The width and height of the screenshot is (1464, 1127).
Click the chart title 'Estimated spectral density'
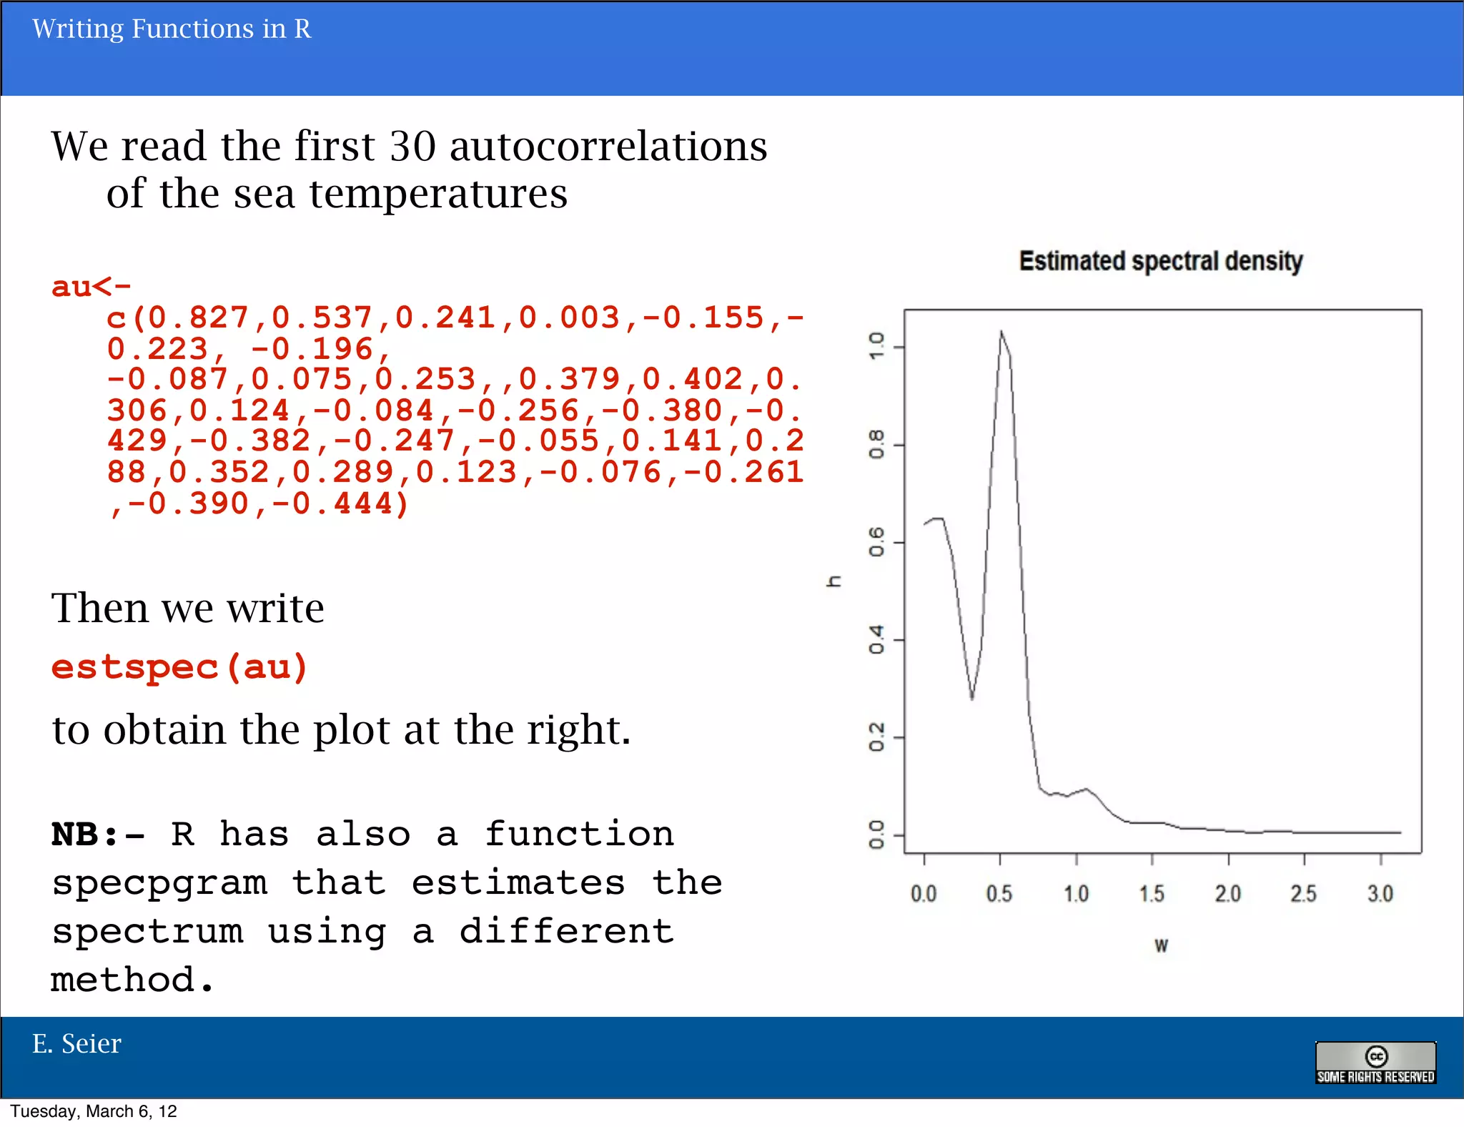coord(1160,262)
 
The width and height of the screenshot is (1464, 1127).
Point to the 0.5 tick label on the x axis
coord(999,894)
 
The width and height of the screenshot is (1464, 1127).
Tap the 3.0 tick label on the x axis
coord(1380,894)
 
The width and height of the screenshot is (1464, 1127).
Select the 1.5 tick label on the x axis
coord(1152,894)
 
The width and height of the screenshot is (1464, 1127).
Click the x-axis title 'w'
coord(1161,946)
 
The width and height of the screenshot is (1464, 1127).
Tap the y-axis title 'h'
coord(834,581)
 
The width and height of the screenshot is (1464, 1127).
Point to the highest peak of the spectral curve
coord(1001,332)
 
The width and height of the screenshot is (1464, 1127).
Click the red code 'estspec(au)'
coord(179,667)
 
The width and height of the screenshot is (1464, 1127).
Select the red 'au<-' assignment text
coord(91,287)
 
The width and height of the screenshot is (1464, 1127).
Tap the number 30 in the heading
coord(412,147)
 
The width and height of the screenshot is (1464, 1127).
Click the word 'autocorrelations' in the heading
coord(608,147)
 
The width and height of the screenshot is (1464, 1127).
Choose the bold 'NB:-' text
coord(98,835)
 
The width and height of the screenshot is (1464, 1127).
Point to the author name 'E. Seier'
coord(76,1044)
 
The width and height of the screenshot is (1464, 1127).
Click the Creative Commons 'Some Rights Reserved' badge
coord(1375,1063)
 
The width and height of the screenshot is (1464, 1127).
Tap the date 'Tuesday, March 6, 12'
coord(94,1111)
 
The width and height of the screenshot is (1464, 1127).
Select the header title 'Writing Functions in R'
coord(172,29)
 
